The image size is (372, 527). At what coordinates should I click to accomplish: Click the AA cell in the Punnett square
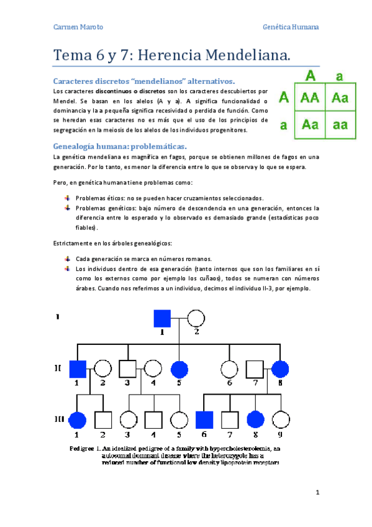coord(309,97)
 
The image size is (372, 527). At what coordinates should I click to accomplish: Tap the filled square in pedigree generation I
coord(163,319)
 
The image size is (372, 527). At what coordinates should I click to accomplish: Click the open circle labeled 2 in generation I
coord(196,319)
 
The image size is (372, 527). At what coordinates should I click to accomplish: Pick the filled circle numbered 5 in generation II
coord(179,369)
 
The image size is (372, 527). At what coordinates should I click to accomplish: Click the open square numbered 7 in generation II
coord(255,369)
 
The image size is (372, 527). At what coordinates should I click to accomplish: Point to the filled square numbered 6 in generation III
coord(204,419)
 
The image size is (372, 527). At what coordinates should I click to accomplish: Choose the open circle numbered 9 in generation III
coord(281,419)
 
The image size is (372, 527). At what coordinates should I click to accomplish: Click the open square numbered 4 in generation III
coord(153,419)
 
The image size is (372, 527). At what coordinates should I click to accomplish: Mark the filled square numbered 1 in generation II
coord(77,369)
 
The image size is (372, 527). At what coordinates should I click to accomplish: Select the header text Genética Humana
coord(291,27)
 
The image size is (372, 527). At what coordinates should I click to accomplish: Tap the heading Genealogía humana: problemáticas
coord(120,146)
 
